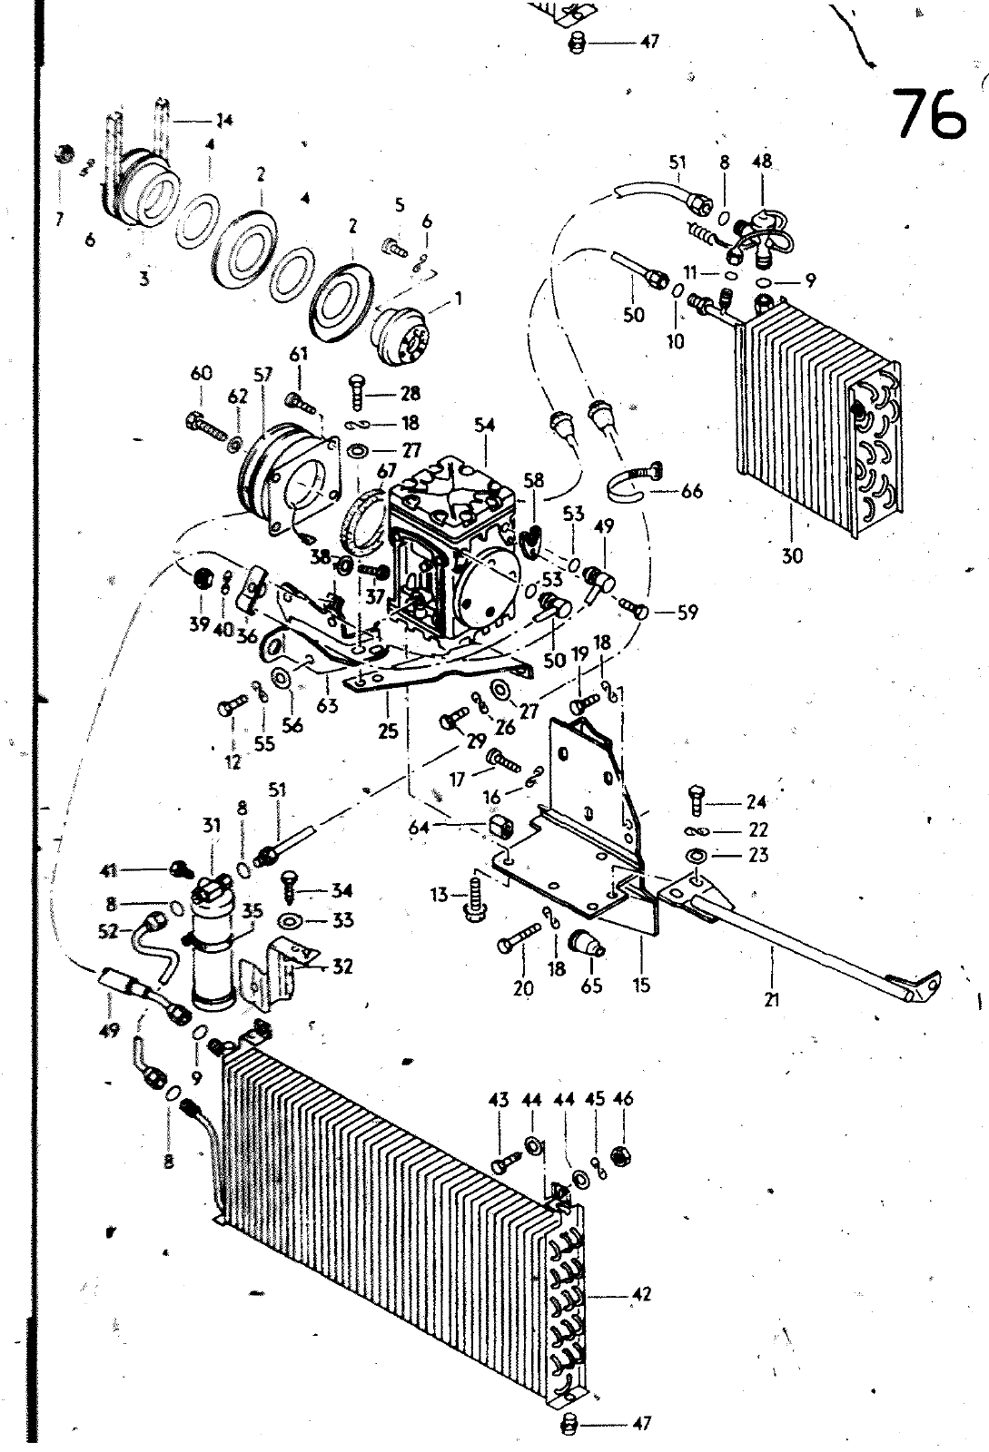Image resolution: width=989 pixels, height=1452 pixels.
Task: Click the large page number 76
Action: (929, 113)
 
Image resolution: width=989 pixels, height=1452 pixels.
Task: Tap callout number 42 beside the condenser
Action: (641, 1294)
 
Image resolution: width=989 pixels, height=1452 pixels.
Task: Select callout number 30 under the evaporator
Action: (792, 554)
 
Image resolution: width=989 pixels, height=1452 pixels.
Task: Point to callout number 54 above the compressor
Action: (485, 425)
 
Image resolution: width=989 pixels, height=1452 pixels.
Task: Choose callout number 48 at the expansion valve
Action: (761, 162)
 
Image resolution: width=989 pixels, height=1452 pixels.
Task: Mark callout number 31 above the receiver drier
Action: (212, 826)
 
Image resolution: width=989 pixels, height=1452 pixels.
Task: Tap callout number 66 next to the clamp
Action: (693, 491)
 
